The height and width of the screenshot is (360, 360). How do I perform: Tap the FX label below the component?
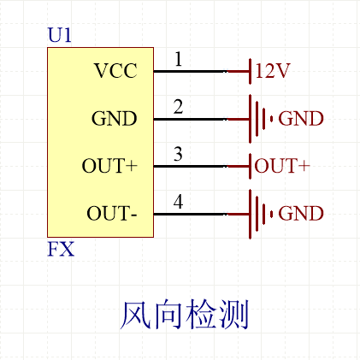click(x=60, y=251)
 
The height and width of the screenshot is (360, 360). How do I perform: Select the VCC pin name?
click(x=115, y=71)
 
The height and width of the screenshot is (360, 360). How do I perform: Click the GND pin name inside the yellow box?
click(x=114, y=119)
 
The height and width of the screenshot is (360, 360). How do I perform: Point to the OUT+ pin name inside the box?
click(x=109, y=166)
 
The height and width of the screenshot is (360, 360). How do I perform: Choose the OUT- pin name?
click(x=112, y=213)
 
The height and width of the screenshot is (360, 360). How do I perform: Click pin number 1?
click(x=178, y=60)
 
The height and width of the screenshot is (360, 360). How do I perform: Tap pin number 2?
click(x=178, y=107)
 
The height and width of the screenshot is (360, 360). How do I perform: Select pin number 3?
click(x=178, y=154)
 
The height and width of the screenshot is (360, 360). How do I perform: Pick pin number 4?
click(x=178, y=202)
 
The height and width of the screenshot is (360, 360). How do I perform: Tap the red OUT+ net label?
click(x=281, y=166)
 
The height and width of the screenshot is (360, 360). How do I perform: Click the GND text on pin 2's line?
click(x=301, y=119)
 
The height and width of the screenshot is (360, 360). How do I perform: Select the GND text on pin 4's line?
click(x=301, y=213)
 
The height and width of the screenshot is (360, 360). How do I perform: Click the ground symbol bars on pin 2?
click(x=260, y=119)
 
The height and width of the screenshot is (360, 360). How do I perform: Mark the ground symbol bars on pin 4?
click(x=260, y=213)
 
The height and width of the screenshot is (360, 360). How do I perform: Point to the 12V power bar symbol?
click(x=249, y=71)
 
